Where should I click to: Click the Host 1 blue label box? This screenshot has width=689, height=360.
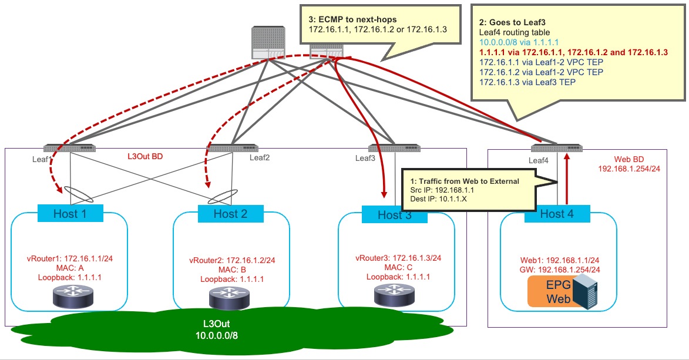(x=70, y=213)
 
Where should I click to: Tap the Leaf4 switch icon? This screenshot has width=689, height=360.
(x=552, y=147)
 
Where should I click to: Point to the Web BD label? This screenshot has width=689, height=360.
(x=630, y=159)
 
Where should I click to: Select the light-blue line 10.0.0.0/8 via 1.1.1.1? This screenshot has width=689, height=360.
(x=519, y=42)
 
